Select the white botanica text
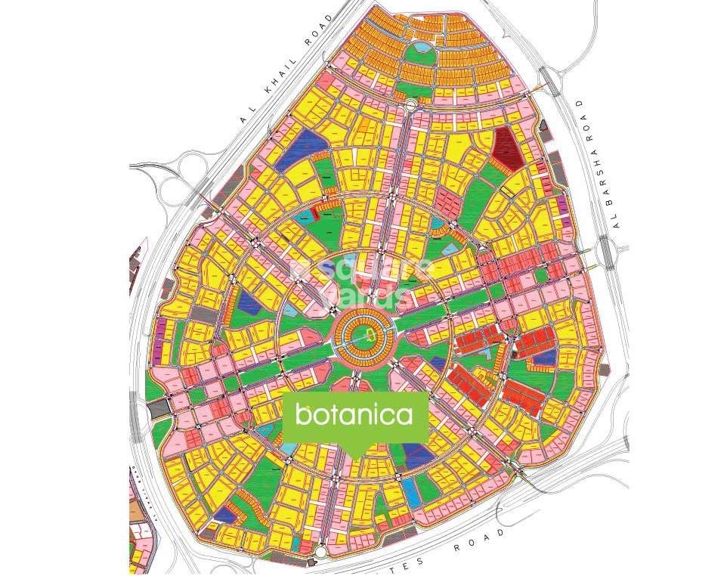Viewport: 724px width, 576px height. coord(354,415)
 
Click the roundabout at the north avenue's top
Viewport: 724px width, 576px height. coord(410,106)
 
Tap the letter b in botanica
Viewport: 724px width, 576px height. coord(302,414)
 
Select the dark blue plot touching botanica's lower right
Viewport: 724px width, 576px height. coord(414,451)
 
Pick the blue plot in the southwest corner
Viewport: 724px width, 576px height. coord(224,514)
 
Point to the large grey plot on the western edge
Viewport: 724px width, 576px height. coord(160,409)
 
